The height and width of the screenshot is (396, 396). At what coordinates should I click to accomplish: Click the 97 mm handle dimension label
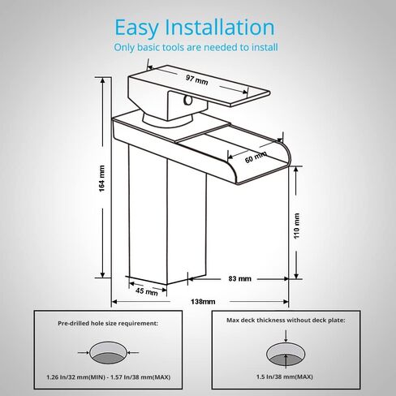pyautogui.click(x=197, y=80)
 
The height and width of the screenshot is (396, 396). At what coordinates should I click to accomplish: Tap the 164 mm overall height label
pyautogui.click(x=101, y=179)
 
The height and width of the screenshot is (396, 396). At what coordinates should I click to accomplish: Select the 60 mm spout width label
pyautogui.click(x=256, y=157)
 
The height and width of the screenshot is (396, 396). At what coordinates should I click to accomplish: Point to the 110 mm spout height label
pyautogui.click(x=297, y=226)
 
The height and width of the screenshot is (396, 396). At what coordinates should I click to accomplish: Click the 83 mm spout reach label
pyautogui.click(x=239, y=278)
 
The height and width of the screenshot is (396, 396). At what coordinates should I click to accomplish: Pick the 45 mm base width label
pyautogui.click(x=147, y=291)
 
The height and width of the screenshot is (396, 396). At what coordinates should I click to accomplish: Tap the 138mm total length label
pyautogui.click(x=203, y=301)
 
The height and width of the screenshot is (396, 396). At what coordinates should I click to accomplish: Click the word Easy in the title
pyautogui.click(x=136, y=28)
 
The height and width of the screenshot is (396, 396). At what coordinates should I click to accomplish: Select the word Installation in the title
pyautogui.click(x=220, y=27)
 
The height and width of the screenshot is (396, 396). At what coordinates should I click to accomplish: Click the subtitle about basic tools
pyautogui.click(x=196, y=47)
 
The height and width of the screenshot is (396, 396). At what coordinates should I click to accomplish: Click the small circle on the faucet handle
pyautogui.click(x=187, y=101)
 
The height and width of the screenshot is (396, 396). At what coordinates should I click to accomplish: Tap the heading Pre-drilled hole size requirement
pyautogui.click(x=108, y=323)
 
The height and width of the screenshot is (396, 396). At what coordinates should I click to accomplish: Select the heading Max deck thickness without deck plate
pyautogui.click(x=286, y=321)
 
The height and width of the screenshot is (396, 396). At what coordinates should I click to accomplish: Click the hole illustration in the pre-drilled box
pyautogui.click(x=108, y=353)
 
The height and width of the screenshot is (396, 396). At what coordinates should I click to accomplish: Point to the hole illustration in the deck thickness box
pyautogui.click(x=286, y=354)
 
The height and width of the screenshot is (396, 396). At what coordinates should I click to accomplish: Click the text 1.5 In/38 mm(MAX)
pyautogui.click(x=285, y=377)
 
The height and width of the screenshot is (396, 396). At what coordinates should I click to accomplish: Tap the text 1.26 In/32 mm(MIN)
pyautogui.click(x=75, y=377)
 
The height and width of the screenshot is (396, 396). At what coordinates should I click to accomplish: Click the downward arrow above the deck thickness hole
pyautogui.click(x=286, y=336)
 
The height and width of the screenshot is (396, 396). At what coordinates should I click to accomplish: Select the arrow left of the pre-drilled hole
pyautogui.click(x=84, y=352)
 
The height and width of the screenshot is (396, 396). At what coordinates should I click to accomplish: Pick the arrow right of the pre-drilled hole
pyautogui.click(x=133, y=352)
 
